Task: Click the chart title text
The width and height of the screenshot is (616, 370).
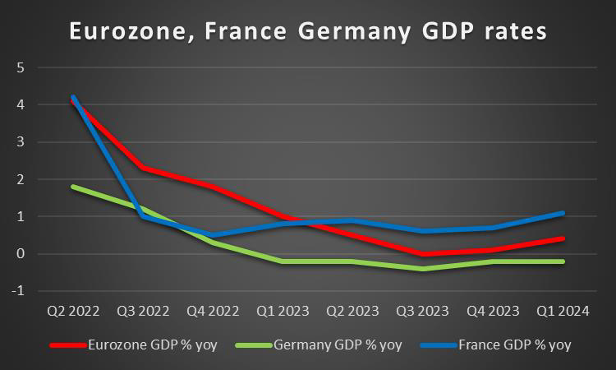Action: pyautogui.click(x=307, y=32)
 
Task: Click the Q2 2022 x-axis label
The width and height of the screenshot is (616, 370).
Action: pyautogui.click(x=73, y=312)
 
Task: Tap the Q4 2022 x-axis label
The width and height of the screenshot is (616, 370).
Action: pyautogui.click(x=214, y=312)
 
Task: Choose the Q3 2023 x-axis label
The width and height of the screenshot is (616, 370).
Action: pyautogui.click(x=424, y=312)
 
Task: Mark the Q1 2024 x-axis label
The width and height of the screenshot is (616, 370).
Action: pyautogui.click(x=563, y=312)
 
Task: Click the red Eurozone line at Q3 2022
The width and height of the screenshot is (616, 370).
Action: pyautogui.click(x=144, y=168)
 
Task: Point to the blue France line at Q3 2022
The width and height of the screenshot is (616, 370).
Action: pyautogui.click(x=144, y=216)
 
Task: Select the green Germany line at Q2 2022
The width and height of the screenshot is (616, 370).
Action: pyautogui.click(x=73, y=187)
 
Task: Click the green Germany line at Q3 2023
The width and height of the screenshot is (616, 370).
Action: pyautogui.click(x=424, y=269)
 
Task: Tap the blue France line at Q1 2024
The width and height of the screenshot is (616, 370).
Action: pyautogui.click(x=563, y=213)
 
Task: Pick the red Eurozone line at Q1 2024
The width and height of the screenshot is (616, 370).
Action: pyautogui.click(x=563, y=238)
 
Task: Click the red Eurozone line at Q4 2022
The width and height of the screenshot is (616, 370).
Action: pyautogui.click(x=214, y=187)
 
